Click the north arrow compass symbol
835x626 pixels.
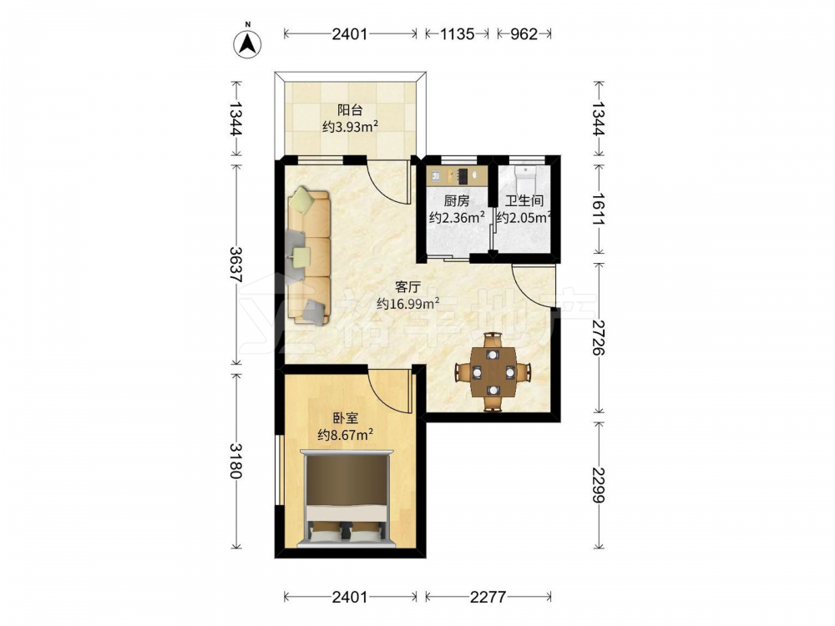click(248, 43)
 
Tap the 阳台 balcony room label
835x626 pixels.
click(350, 110)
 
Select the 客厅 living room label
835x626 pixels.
click(408, 287)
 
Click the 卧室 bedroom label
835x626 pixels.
click(346, 418)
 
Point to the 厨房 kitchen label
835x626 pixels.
click(457, 200)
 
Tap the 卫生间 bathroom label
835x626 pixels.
click(524, 200)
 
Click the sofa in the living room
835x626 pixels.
click(309, 255)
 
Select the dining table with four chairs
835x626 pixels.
click(493, 371)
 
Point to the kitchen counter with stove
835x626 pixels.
click(457, 175)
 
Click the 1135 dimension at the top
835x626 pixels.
click(457, 34)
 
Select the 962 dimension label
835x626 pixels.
click(524, 34)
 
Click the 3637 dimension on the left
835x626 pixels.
click(236, 265)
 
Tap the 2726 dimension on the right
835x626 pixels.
click(599, 337)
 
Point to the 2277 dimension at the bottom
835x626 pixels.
click(488, 597)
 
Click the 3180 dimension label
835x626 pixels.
click(236, 460)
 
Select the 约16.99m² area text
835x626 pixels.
click(408, 304)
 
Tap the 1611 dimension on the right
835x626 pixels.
click(599, 209)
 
